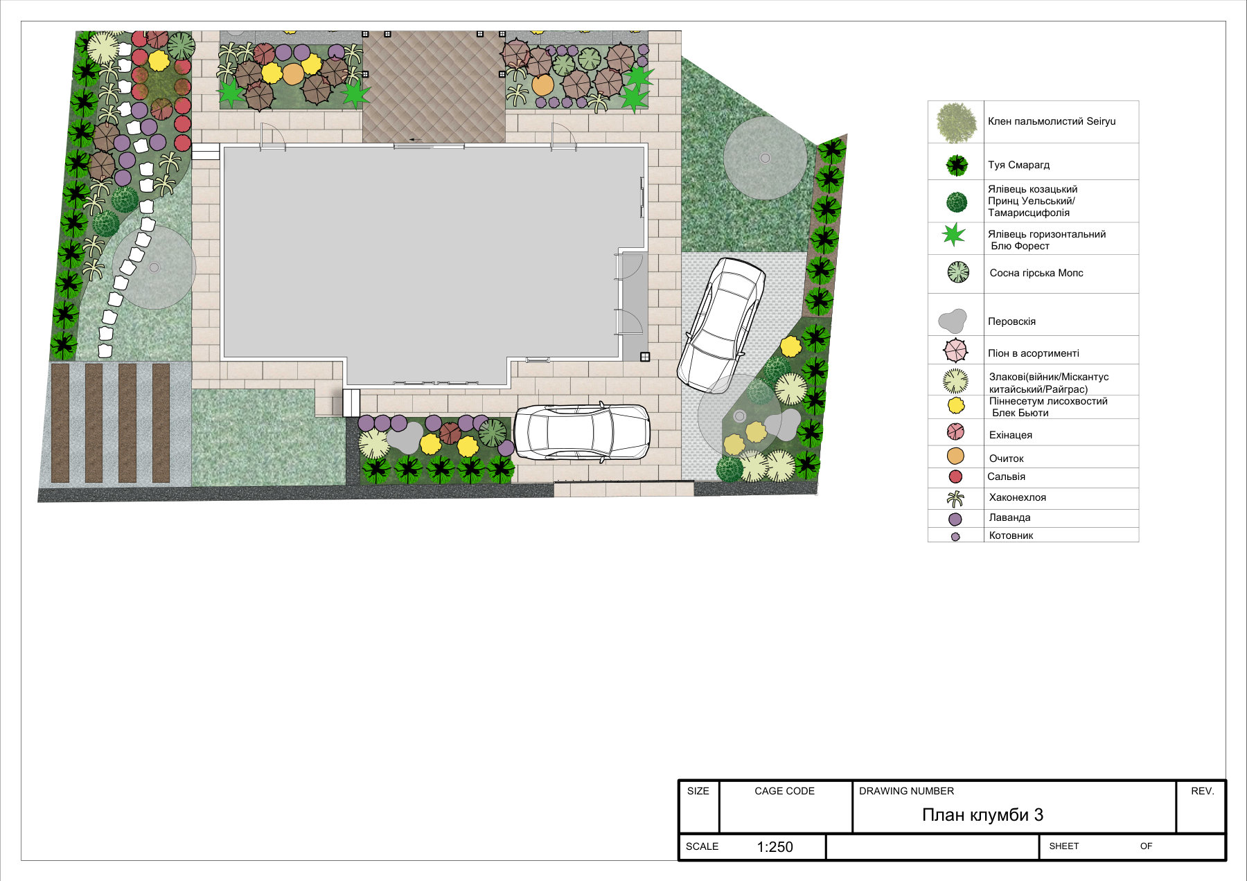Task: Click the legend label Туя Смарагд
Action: click(x=1018, y=165)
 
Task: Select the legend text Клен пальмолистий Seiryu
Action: click(x=1052, y=121)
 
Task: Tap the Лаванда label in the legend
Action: click(x=1010, y=517)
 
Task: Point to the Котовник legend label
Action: click(x=1011, y=535)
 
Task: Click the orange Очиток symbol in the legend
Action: click(x=955, y=456)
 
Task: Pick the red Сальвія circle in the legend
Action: click(x=955, y=477)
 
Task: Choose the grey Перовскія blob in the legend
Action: click(x=953, y=320)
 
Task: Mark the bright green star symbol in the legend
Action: click(x=954, y=235)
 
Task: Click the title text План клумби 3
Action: click(x=982, y=815)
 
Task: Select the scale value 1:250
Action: click(x=775, y=847)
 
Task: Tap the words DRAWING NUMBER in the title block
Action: click(x=906, y=791)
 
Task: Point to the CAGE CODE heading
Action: click(x=784, y=791)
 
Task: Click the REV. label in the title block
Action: click(x=1202, y=791)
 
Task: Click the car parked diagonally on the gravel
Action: click(x=721, y=326)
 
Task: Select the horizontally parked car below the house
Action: click(x=581, y=432)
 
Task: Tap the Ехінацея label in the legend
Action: click(x=1011, y=435)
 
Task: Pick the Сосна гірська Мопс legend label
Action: click(x=1036, y=273)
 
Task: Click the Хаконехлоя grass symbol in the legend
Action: click(x=955, y=498)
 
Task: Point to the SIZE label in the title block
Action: click(x=698, y=791)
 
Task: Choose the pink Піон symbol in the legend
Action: click(x=955, y=350)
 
